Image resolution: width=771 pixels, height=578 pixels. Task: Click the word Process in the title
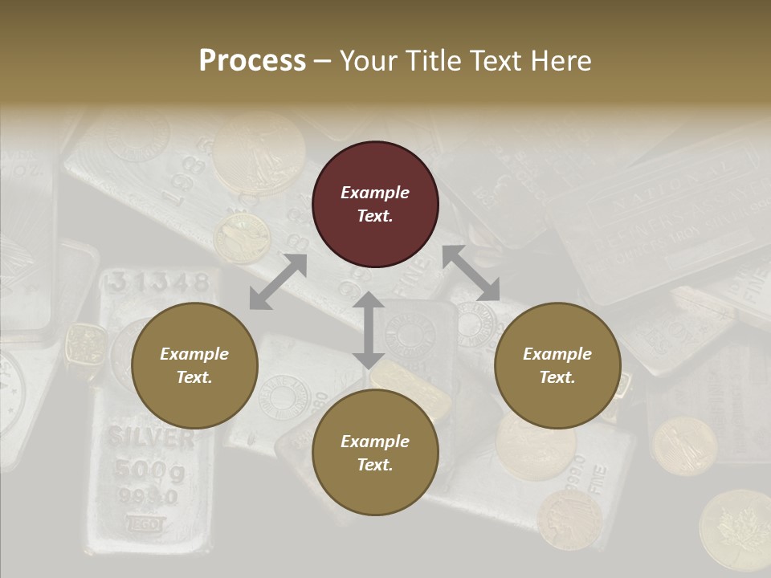(x=252, y=61)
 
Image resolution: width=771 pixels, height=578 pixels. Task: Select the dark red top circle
(x=375, y=205)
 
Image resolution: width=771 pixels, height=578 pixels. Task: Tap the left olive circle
(x=194, y=366)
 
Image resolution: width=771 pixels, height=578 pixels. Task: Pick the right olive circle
(x=557, y=366)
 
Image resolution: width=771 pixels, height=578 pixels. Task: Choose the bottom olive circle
(x=375, y=453)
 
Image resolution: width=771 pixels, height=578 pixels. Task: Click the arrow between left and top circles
(x=278, y=282)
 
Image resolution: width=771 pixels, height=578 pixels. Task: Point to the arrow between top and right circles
(x=471, y=273)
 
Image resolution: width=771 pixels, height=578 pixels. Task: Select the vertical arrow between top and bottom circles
(x=368, y=329)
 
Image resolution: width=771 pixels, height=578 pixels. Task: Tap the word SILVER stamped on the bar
(x=151, y=438)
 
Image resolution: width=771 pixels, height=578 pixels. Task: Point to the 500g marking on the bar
(x=149, y=470)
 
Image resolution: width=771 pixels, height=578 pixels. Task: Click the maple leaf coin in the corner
(x=734, y=530)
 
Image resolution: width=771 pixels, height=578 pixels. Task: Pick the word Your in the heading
(x=366, y=61)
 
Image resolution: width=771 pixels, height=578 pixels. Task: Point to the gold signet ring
(x=85, y=348)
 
